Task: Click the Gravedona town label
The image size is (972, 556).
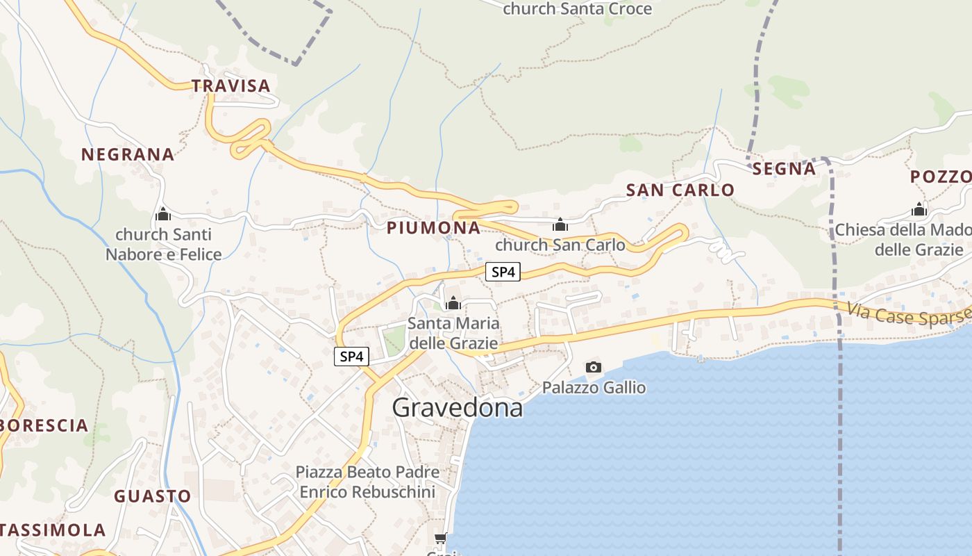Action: [x=457, y=407]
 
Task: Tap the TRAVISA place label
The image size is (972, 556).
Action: [x=231, y=86]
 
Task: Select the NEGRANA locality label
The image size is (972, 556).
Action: [x=128, y=154]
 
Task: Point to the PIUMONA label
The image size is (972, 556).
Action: [x=433, y=228]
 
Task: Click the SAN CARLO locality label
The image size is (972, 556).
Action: [x=680, y=190]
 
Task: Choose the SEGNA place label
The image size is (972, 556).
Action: [x=784, y=169]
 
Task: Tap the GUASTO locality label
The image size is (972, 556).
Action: [x=152, y=496]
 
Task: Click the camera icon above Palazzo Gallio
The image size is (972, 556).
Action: [x=593, y=367]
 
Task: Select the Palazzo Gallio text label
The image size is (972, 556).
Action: [x=594, y=387]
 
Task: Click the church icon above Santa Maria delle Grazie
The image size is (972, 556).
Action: [x=453, y=303]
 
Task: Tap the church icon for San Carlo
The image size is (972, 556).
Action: [x=560, y=224]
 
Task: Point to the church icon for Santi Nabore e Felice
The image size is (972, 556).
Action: [x=163, y=214]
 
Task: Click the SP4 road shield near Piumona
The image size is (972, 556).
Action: [x=503, y=272]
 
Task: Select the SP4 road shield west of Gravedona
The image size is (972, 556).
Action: [x=351, y=357]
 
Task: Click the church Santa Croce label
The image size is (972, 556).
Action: [x=577, y=9]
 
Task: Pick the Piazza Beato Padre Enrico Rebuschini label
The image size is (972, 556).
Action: [x=367, y=482]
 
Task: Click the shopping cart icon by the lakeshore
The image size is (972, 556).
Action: [x=440, y=539]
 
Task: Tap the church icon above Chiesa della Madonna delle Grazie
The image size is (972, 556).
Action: [x=919, y=209]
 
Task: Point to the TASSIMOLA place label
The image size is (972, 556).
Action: [x=53, y=530]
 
